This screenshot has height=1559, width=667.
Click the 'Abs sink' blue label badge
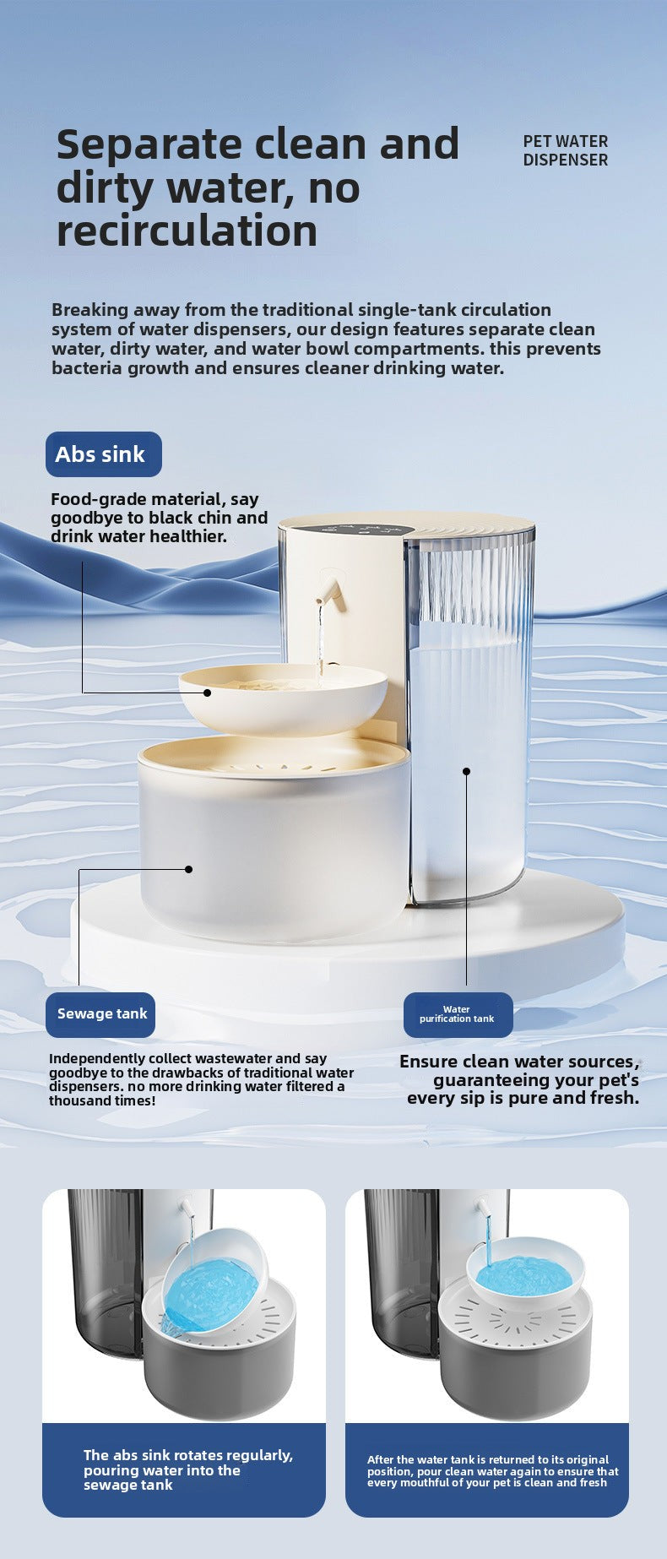coord(104,454)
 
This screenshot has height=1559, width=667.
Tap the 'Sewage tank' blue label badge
coord(100,1014)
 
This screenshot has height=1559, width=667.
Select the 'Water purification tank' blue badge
coord(458,1014)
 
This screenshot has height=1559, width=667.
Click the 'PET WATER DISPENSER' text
coord(565,150)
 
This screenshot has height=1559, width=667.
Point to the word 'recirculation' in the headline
coord(187,231)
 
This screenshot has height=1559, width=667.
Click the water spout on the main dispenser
coord(330,591)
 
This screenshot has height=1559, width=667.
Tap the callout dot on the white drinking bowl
coord(207,693)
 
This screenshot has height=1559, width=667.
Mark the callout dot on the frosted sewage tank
coord(189,869)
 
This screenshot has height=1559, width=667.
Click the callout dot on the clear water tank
coord(466,771)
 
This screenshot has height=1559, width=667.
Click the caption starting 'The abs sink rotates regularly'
coord(187,1470)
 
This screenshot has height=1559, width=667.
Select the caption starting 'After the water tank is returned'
coord(492,1471)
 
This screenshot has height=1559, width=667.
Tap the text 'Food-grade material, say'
coord(155,499)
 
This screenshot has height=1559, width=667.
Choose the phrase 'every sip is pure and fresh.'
coord(523,1098)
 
